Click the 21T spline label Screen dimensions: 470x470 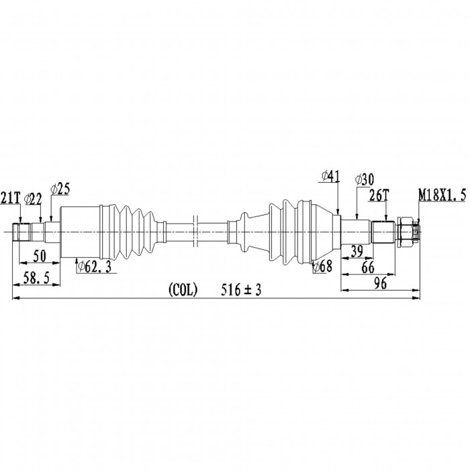pyautogui.click(x=11, y=198)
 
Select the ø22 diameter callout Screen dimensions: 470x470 pyautogui.click(x=33, y=199)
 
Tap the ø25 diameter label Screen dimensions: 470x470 pyautogui.click(x=60, y=189)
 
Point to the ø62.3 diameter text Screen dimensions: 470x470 pyautogui.click(x=94, y=266)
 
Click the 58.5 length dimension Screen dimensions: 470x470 pyautogui.click(x=36, y=279)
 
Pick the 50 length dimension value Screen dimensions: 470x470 pyautogui.click(x=40, y=256)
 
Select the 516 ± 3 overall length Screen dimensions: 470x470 pyautogui.click(x=241, y=290)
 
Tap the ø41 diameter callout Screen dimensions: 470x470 pyautogui.click(x=331, y=176)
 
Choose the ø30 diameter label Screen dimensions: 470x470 pyautogui.click(x=365, y=180)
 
